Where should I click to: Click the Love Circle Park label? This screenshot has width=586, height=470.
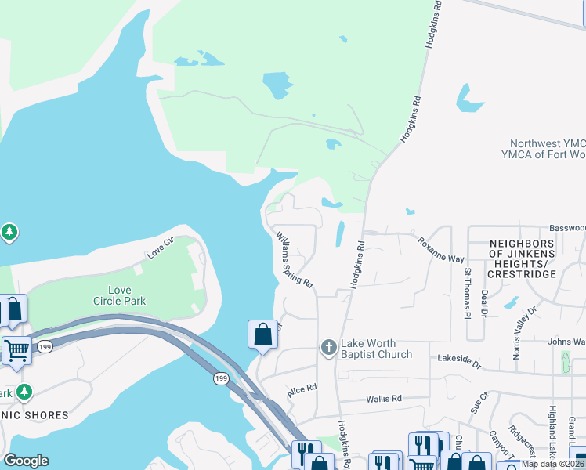coord(120,295)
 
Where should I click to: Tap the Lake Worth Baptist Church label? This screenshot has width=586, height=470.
coord(377,349)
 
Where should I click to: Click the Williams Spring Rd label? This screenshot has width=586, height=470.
coord(294,258)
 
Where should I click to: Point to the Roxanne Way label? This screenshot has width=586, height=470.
coord(440,250)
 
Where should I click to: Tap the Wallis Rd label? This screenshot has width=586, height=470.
coord(384,399)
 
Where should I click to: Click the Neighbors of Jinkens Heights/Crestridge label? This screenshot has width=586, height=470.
coord(522,258)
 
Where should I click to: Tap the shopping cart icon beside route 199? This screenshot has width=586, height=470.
coord(16,350)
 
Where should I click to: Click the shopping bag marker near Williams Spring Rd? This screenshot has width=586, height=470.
coord(263,334)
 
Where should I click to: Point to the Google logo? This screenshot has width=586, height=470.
coord(26,461)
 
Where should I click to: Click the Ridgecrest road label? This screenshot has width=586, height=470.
coord(521,442)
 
